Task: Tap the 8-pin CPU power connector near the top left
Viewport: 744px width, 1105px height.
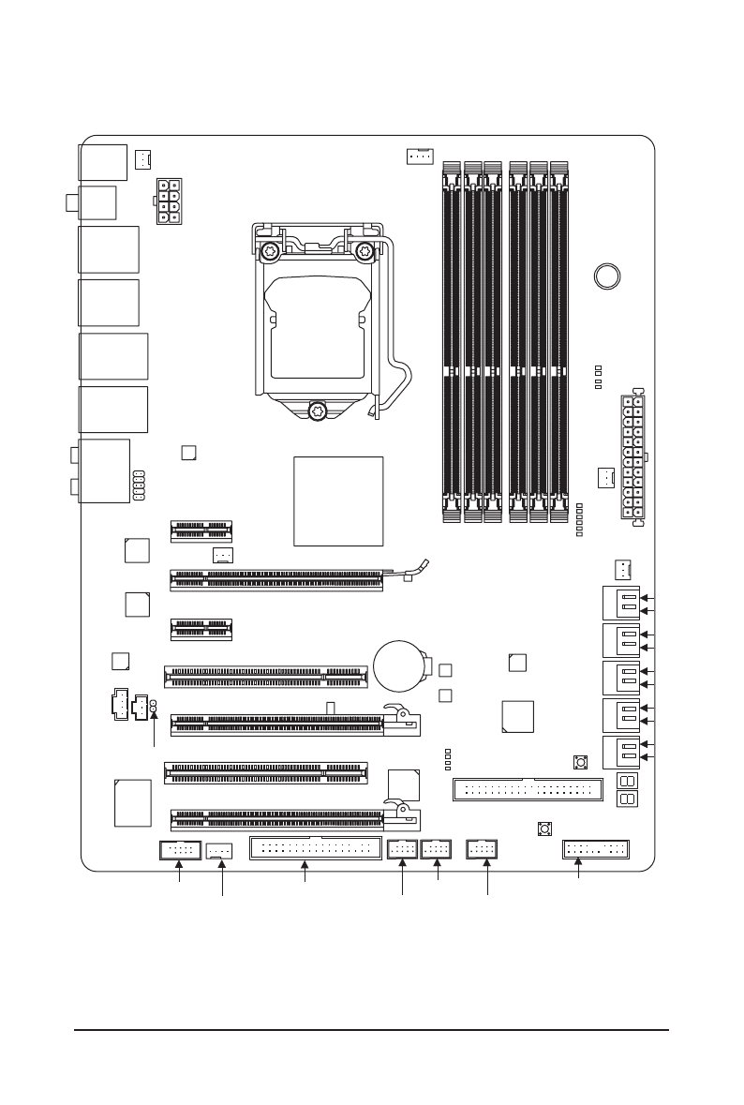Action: point(165,202)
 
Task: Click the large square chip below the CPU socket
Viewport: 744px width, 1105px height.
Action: point(338,501)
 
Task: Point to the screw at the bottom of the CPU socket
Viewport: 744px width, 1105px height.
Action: point(318,410)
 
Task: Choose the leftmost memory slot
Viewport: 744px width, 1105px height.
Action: point(451,340)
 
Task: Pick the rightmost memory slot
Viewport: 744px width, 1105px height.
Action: point(559,340)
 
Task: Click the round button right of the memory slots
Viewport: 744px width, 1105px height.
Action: point(608,276)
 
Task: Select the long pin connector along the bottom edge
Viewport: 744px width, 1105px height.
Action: point(315,849)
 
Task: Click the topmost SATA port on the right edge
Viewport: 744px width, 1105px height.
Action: point(619,603)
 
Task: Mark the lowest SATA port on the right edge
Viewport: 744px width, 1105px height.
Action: point(619,753)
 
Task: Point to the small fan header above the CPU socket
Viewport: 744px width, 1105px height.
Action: point(418,156)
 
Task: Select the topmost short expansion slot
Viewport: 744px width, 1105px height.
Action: point(201,531)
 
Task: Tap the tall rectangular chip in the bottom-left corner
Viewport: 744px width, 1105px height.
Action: point(132,802)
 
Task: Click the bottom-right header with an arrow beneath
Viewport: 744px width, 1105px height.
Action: point(596,850)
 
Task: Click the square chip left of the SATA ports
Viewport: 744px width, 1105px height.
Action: point(518,715)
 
